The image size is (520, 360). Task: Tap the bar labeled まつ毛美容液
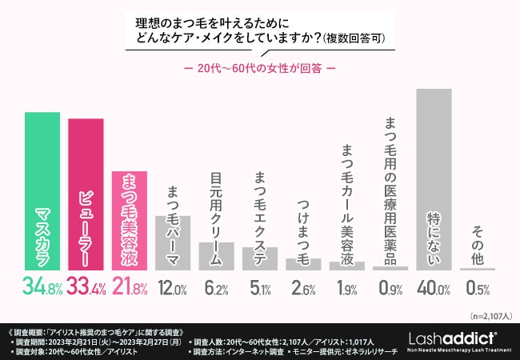[x=130, y=221]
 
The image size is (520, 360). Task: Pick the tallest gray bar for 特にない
[x=434, y=179]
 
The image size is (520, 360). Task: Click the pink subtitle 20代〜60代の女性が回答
[x=260, y=67]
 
